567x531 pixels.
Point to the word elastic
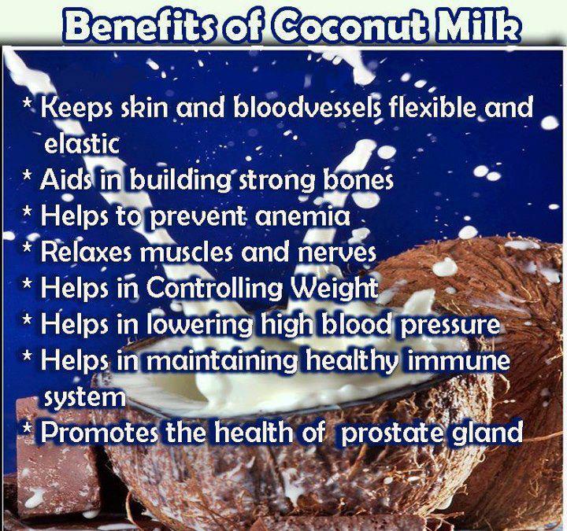(x=80, y=144)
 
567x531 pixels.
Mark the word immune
(x=461, y=360)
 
